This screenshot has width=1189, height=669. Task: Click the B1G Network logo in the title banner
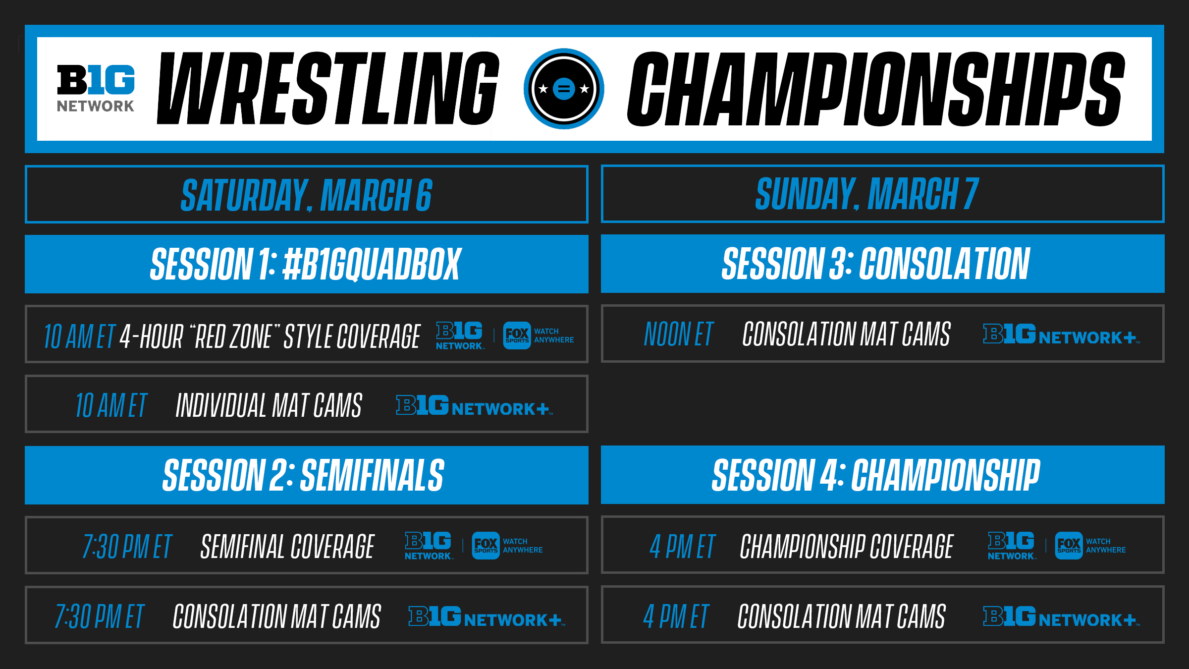(x=96, y=88)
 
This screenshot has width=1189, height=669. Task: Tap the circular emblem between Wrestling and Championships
(x=564, y=89)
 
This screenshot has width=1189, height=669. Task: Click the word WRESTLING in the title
(x=328, y=88)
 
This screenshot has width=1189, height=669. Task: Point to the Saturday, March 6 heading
(x=307, y=195)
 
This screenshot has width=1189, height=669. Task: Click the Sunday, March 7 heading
(x=867, y=194)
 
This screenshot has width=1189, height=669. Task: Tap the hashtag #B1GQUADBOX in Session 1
(x=372, y=265)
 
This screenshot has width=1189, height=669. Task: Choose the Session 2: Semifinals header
(x=303, y=475)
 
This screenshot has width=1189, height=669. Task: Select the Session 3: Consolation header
(x=876, y=264)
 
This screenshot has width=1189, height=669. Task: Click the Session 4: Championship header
(x=876, y=475)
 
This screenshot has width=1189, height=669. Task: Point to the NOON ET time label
(x=678, y=334)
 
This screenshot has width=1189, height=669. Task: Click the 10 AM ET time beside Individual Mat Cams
(x=111, y=405)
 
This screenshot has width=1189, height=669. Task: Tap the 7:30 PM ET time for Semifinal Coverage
(x=127, y=547)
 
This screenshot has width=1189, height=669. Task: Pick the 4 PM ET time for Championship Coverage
(x=682, y=547)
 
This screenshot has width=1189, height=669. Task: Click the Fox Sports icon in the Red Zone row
(x=517, y=335)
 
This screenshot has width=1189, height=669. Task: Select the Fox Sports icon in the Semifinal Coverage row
(x=486, y=546)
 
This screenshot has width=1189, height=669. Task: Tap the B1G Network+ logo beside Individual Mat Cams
(x=474, y=405)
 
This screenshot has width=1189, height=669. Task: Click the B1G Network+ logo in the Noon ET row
(x=1061, y=334)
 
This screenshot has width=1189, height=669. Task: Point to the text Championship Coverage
(x=846, y=547)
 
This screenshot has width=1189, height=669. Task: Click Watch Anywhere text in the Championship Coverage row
(x=1106, y=546)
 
